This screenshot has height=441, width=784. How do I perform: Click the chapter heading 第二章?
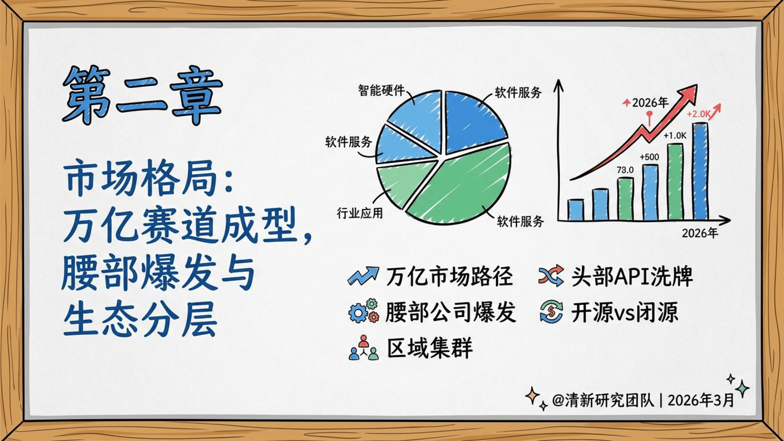[x=142, y=95]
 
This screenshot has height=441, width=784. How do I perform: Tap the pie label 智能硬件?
[x=381, y=91]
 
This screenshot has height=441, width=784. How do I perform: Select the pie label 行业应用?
[x=359, y=213]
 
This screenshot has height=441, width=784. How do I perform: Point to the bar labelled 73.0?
[x=625, y=199]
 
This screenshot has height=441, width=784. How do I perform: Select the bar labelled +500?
[x=650, y=192]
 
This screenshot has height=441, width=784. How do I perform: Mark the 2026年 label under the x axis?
[x=700, y=233]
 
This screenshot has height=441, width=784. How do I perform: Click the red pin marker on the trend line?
[x=650, y=114]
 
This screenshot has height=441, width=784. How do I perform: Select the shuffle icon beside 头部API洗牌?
[x=551, y=276]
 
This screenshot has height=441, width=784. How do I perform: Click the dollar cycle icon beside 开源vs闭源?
[x=551, y=312]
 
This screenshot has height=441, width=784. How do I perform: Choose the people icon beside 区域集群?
[x=363, y=348]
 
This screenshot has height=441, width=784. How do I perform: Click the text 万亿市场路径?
[x=449, y=276]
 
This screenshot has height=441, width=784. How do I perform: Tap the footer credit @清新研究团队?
[x=603, y=400]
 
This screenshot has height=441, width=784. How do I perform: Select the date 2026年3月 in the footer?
[x=701, y=400]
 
